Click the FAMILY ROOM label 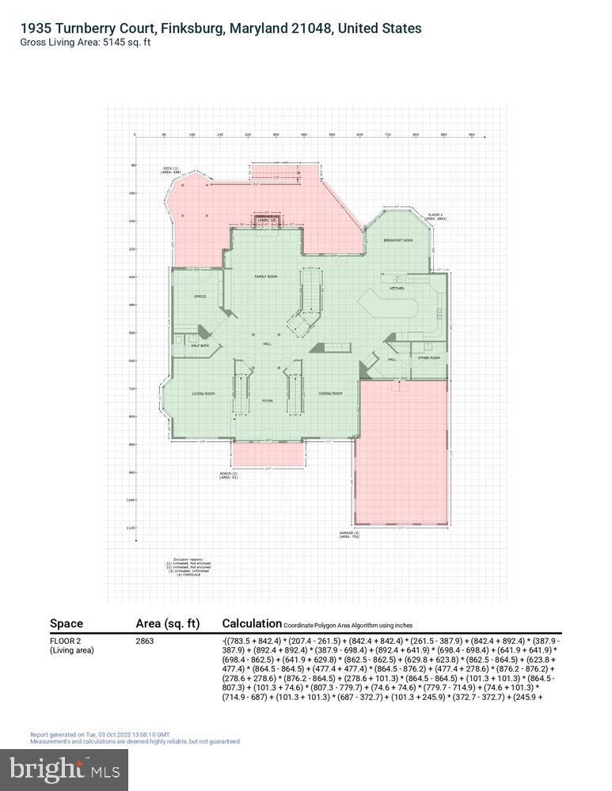(265, 276)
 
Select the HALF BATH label (200, 345)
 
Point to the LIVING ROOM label (203, 393)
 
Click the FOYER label (268, 401)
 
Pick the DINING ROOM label (330, 393)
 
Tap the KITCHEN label (397, 289)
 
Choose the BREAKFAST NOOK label (398, 240)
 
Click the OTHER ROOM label (429, 358)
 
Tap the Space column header (67, 623)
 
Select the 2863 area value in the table (145, 641)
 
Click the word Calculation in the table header (252, 623)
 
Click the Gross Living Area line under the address (86, 42)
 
